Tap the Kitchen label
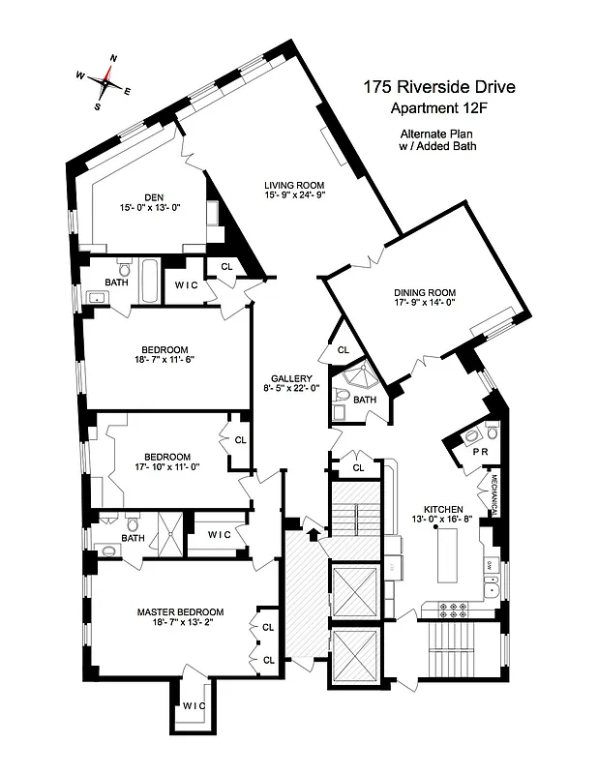tap(443, 509)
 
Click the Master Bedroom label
tap(180, 611)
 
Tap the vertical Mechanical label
tap(493, 494)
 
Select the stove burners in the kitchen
tap(454, 610)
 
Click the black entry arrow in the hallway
tap(312, 531)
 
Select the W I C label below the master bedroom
tap(194, 706)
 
